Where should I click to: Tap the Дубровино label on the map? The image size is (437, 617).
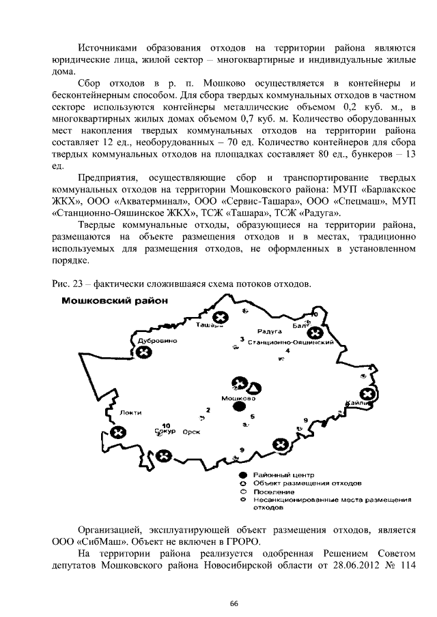point(158,339)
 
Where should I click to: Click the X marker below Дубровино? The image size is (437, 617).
point(143,352)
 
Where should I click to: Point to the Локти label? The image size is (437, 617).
point(130,412)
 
